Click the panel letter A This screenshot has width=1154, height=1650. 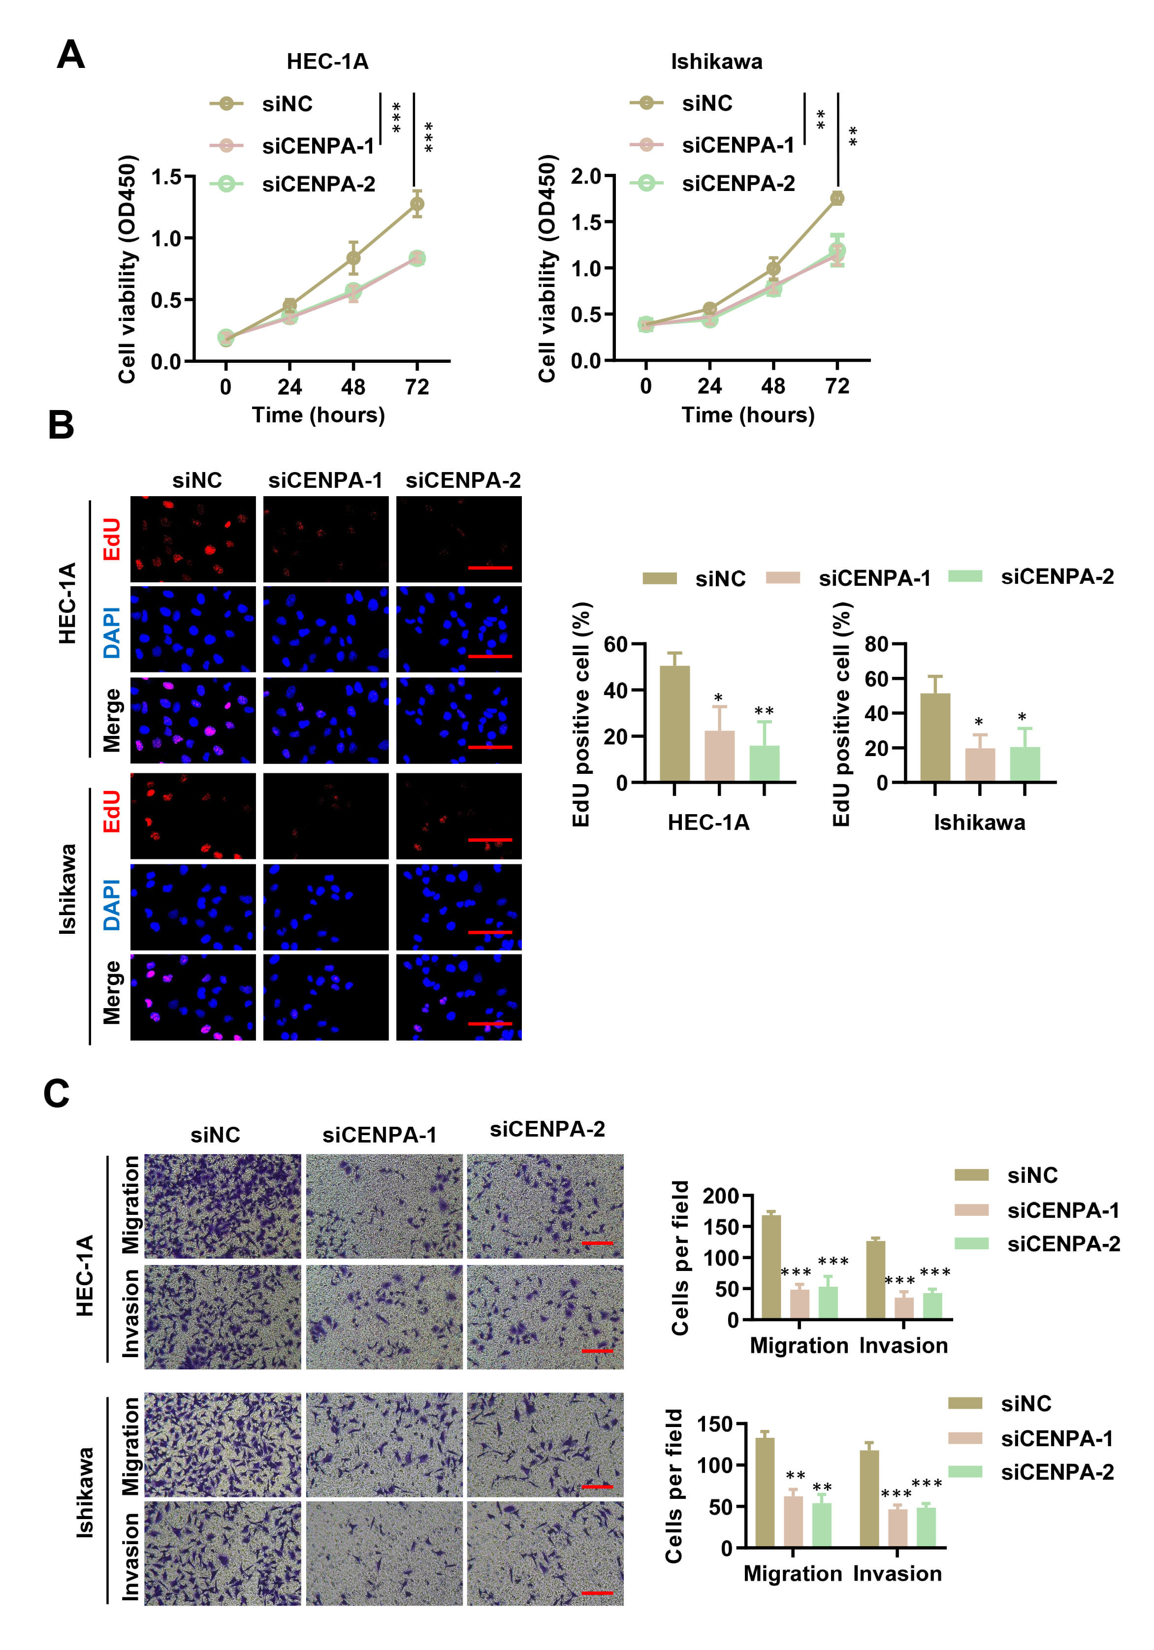point(70,55)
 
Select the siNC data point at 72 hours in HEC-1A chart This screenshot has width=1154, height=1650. point(417,204)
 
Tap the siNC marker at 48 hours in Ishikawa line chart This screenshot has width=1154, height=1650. point(773,269)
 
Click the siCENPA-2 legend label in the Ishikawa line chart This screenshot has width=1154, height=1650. point(738,184)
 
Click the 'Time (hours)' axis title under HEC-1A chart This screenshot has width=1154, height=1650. point(319,415)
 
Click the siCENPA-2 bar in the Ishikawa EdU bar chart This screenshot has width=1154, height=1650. point(1024,764)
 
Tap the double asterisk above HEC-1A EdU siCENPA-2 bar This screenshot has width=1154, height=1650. point(764,711)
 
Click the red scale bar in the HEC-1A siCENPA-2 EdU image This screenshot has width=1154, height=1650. point(490,568)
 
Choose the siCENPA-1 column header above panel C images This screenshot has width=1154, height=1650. point(380,1136)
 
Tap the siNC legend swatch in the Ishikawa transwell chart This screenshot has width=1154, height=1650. point(964,1403)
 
